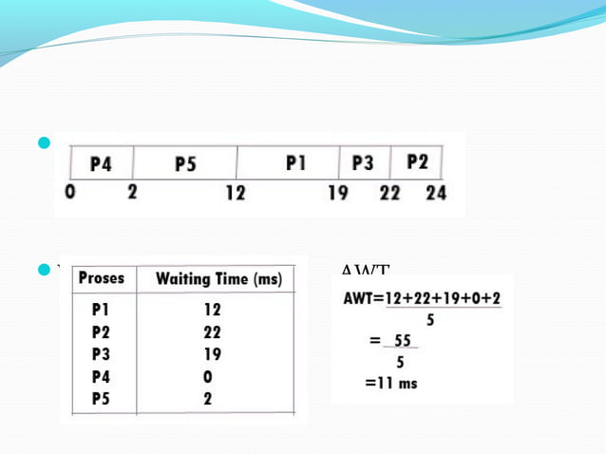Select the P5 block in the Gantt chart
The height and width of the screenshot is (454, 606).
pos(185,164)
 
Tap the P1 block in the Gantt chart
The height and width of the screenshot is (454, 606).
pos(295,163)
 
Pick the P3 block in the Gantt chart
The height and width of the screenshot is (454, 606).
pos(363,163)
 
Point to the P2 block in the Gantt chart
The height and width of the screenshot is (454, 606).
pos(417,162)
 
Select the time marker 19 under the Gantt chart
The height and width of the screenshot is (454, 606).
pos(338,193)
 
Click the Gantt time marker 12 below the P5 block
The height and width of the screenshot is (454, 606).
pos(236,193)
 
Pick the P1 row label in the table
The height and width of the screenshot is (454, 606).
pos(102,310)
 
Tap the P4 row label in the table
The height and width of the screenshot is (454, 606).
pos(102,377)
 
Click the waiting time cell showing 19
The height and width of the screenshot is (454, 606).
pos(212,354)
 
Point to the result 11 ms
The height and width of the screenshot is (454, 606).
pos(392,383)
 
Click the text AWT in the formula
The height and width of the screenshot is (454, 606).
pos(359,298)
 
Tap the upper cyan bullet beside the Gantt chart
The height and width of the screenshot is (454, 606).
pos(42,144)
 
